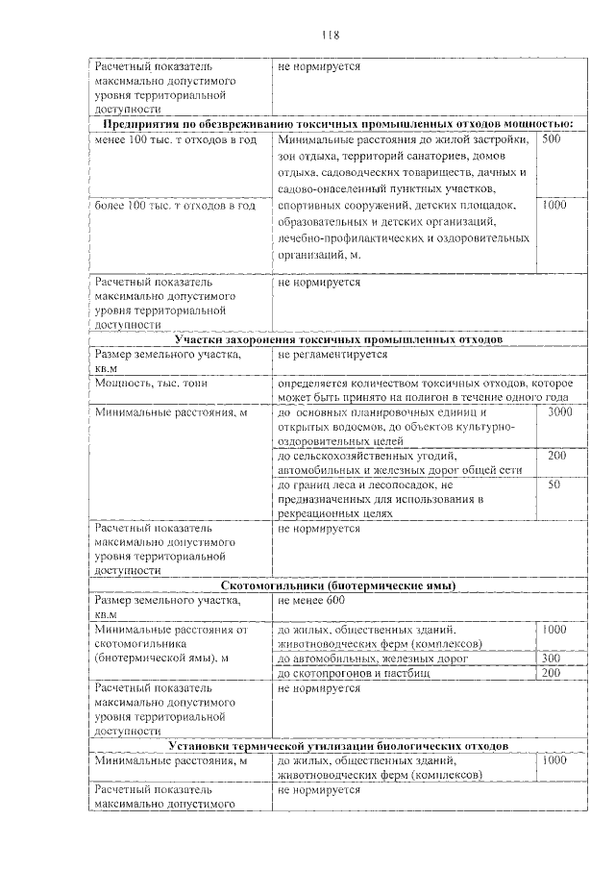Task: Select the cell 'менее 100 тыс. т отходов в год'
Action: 175,140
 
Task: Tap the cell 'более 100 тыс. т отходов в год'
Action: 175,206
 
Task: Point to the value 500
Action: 552,140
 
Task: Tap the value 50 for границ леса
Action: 554,485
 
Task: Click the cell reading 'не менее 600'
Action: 310,601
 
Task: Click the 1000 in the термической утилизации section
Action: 554,760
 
